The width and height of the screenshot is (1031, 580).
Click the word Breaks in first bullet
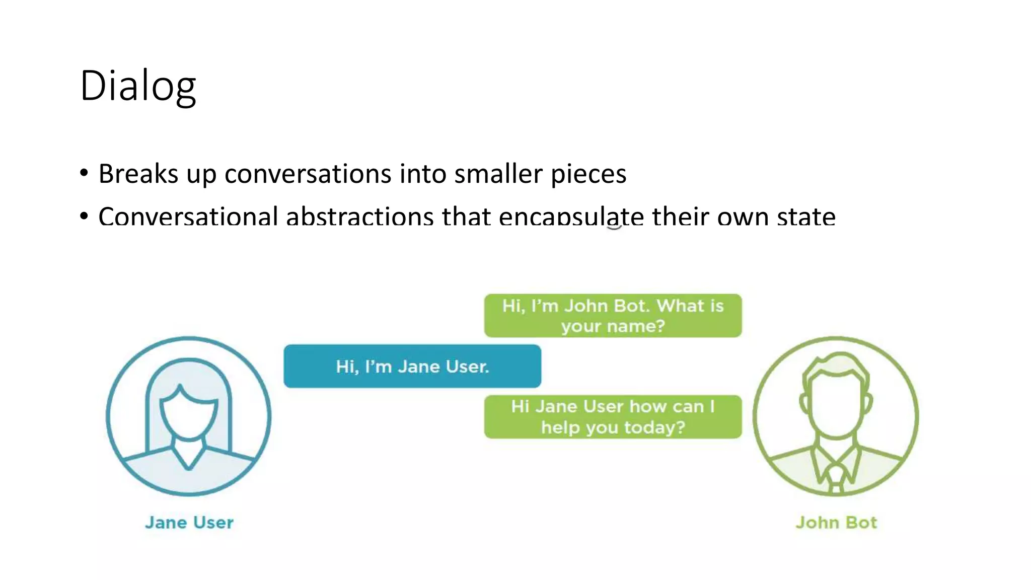pyautogui.click(x=138, y=174)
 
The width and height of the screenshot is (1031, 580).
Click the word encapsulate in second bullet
pyautogui.click(x=571, y=216)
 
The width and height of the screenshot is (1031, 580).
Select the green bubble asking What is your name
pyautogui.click(x=613, y=316)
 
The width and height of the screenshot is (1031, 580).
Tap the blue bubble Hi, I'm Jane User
pyautogui.click(x=412, y=366)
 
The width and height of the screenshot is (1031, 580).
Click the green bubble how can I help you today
pyautogui.click(x=613, y=417)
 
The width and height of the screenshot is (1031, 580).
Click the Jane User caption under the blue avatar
pyautogui.click(x=189, y=523)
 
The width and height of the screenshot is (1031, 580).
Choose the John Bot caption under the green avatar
pyautogui.click(x=836, y=523)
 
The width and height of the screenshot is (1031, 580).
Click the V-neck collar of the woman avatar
pyautogui.click(x=189, y=456)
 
